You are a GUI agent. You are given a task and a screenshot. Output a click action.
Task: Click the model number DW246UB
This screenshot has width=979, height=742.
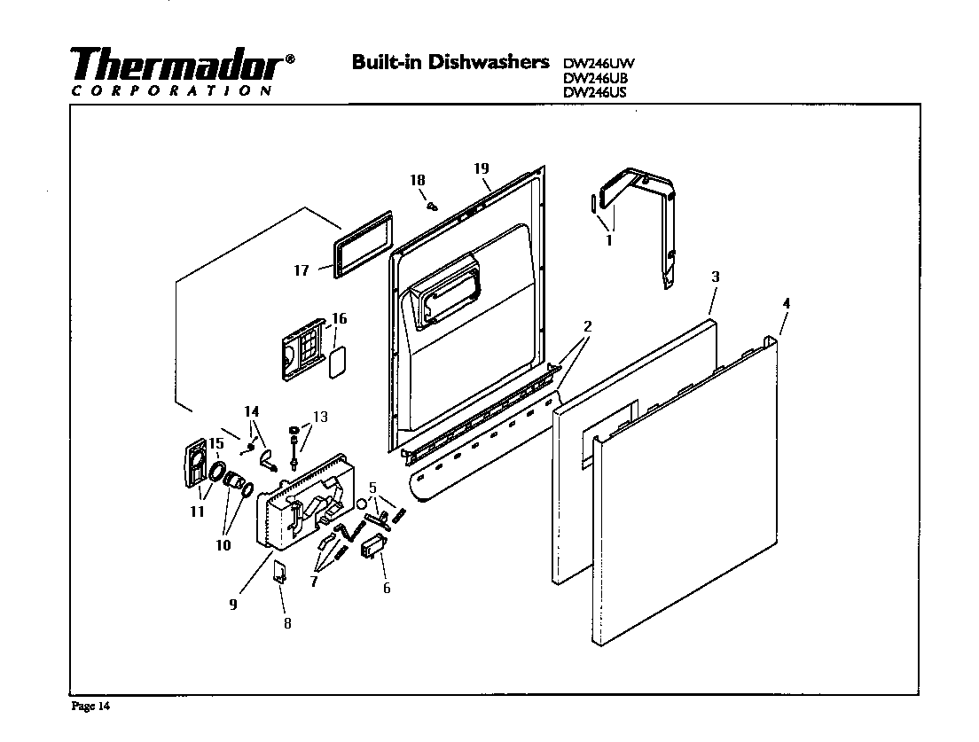coord(595,77)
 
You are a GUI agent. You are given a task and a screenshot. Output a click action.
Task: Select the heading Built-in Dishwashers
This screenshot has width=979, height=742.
coord(451,62)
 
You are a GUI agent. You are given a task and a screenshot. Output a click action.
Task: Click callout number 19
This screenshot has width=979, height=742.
coord(482,168)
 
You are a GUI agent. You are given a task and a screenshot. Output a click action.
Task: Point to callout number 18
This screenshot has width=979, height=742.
coord(418,180)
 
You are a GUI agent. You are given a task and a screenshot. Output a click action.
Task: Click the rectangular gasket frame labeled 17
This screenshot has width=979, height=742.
coord(362,246)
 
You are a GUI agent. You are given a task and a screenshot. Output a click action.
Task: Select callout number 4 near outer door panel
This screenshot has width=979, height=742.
coord(786,303)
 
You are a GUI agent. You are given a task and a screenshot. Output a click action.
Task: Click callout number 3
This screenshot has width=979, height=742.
coord(715,277)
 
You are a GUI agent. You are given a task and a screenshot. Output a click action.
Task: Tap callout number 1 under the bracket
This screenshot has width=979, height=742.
coord(608,240)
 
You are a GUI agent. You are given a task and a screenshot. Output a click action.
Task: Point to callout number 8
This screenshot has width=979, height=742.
coord(287,623)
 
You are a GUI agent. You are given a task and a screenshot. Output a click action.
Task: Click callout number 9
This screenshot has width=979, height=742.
coord(233,605)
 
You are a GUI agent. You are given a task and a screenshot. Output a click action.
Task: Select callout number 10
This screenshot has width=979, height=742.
coord(223,545)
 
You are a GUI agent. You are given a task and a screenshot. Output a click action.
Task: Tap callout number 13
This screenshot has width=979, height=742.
coord(320,417)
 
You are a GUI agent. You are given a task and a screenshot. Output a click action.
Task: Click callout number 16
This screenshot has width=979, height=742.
coord(339,319)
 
